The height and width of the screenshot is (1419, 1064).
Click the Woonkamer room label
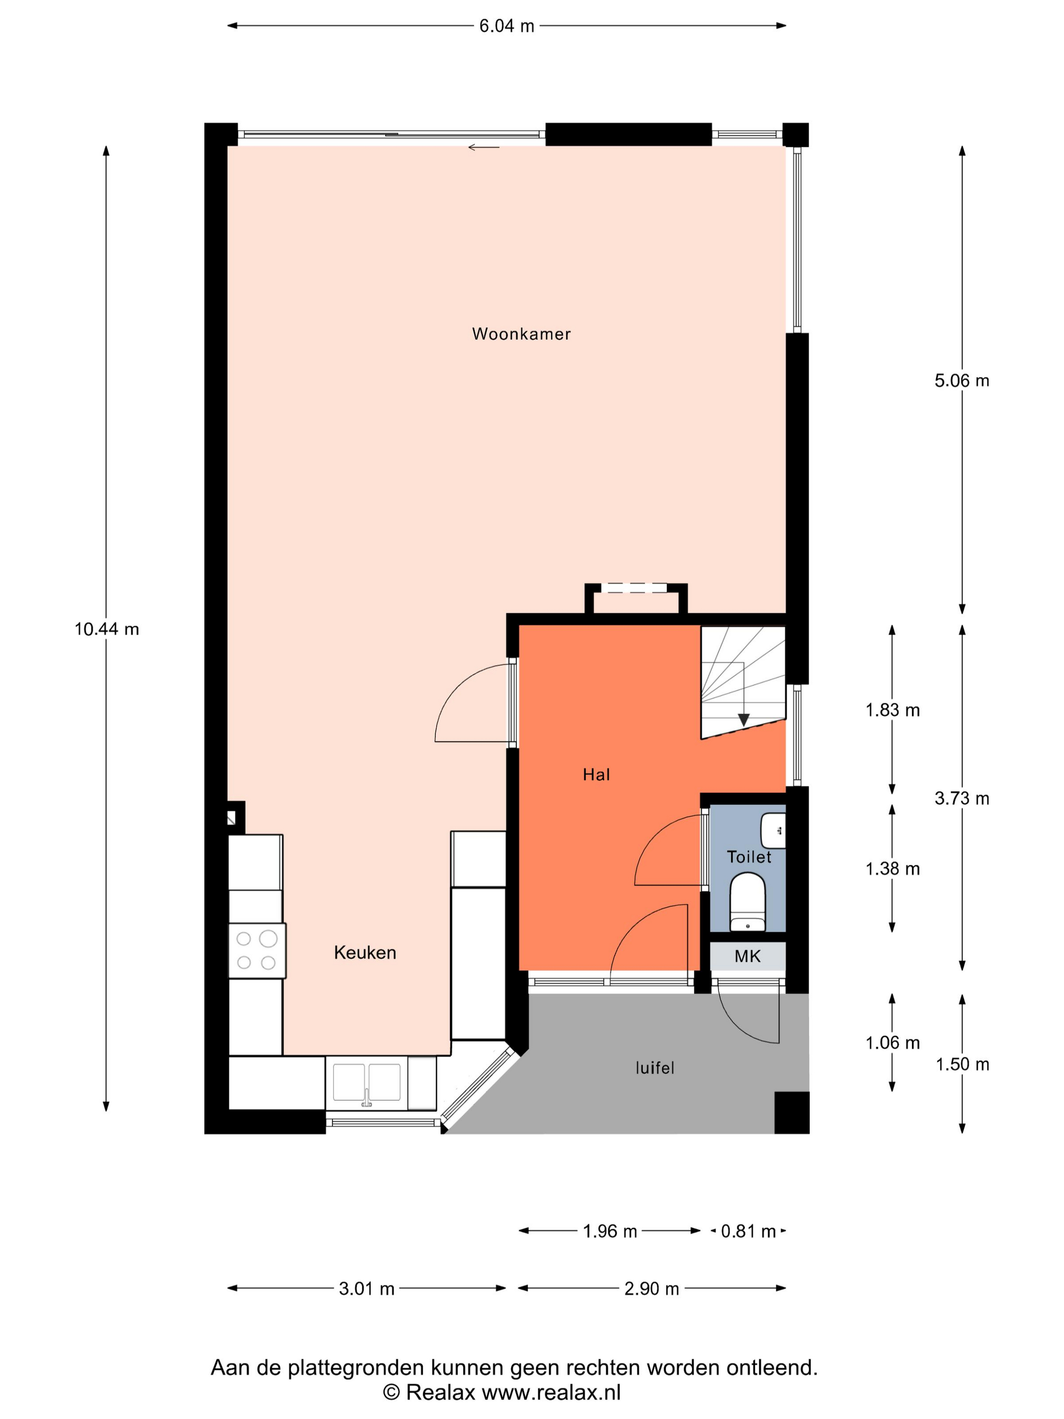(521, 333)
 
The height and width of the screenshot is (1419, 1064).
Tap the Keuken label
(365, 953)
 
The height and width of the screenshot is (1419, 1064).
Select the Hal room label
(596, 775)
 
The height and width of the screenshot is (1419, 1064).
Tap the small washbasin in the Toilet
(773, 831)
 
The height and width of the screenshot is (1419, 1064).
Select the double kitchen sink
(367, 1083)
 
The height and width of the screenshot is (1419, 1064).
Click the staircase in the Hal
(743, 682)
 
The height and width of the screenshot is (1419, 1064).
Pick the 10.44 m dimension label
(106, 629)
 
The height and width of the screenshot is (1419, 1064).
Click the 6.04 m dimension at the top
(507, 26)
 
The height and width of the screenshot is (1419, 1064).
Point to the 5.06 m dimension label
(961, 381)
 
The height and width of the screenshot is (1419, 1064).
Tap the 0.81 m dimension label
(748, 1231)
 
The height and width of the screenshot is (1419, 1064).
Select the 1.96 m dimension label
(610, 1231)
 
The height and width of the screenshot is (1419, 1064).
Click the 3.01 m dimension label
(366, 1289)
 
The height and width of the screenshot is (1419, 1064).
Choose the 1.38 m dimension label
(892, 869)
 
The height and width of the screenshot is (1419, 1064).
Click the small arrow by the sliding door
(483, 147)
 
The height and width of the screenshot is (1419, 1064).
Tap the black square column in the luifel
(792, 1112)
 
